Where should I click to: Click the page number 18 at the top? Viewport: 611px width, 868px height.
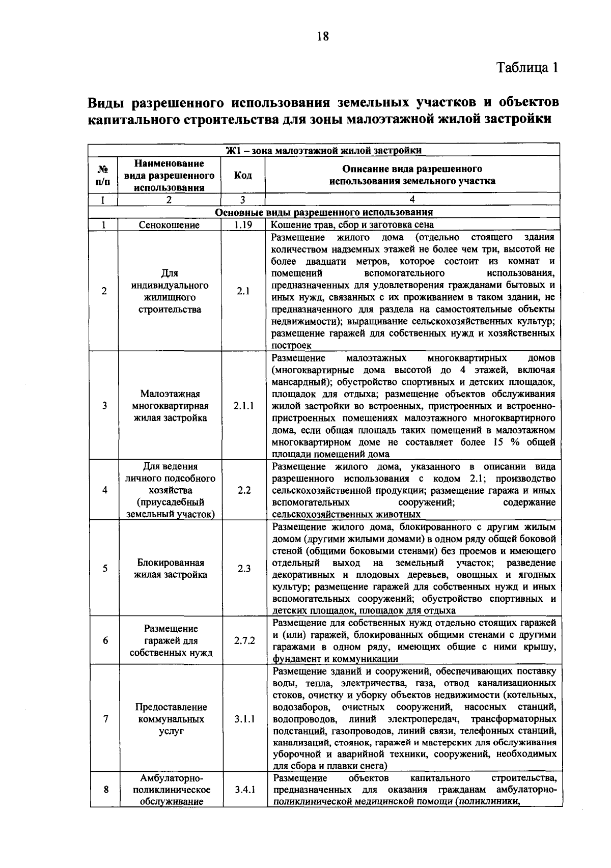click(x=323, y=36)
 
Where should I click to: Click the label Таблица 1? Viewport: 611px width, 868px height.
click(x=527, y=68)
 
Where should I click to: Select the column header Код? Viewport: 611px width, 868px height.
click(x=243, y=176)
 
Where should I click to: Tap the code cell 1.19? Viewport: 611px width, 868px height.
click(x=243, y=225)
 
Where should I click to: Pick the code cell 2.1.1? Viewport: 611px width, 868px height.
click(x=244, y=406)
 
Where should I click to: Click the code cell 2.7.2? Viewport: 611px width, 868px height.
click(x=244, y=640)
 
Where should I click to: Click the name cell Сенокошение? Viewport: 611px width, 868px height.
click(x=170, y=225)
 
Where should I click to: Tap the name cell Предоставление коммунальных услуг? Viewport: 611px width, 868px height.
click(x=171, y=719)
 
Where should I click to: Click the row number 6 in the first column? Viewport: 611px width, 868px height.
click(x=105, y=640)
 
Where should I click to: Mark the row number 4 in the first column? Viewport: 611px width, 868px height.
click(x=104, y=490)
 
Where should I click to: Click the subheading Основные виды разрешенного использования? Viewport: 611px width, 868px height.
click(x=324, y=212)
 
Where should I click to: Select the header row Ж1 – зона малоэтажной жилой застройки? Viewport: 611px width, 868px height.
click(x=324, y=151)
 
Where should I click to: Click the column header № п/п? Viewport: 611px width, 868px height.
click(x=103, y=176)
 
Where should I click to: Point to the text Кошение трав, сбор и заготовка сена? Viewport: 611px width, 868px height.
click(x=352, y=225)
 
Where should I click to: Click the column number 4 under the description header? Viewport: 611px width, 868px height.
click(x=412, y=200)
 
